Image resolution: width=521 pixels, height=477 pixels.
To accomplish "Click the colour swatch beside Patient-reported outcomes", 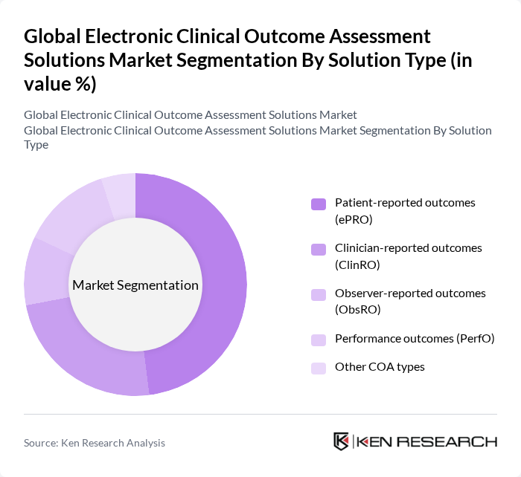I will pyautogui.click(x=318, y=204).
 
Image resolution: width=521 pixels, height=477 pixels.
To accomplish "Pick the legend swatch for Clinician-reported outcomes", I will pyautogui.click(x=318, y=248).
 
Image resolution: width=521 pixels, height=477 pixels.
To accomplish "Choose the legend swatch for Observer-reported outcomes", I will pyautogui.click(x=318, y=293).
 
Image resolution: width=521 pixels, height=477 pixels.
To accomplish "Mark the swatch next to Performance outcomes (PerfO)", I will pyautogui.click(x=318, y=340).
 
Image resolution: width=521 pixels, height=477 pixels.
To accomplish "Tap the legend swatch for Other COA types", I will pyautogui.click(x=318, y=367).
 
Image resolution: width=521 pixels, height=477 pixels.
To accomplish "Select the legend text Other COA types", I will pyautogui.click(x=380, y=367).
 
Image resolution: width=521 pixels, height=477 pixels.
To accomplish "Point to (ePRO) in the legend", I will pyautogui.click(x=354, y=219).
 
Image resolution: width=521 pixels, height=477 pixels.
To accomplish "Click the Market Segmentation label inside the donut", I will pyautogui.click(x=135, y=285).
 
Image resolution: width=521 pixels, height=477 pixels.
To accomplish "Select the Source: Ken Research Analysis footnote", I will pyautogui.click(x=95, y=443).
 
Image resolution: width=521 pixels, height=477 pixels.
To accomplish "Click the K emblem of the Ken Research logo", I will pyautogui.click(x=342, y=441).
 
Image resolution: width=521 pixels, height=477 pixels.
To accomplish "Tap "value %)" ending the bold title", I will pyautogui.click(x=60, y=84).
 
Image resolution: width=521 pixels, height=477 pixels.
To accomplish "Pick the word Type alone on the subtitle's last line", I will pyautogui.click(x=36, y=144).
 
